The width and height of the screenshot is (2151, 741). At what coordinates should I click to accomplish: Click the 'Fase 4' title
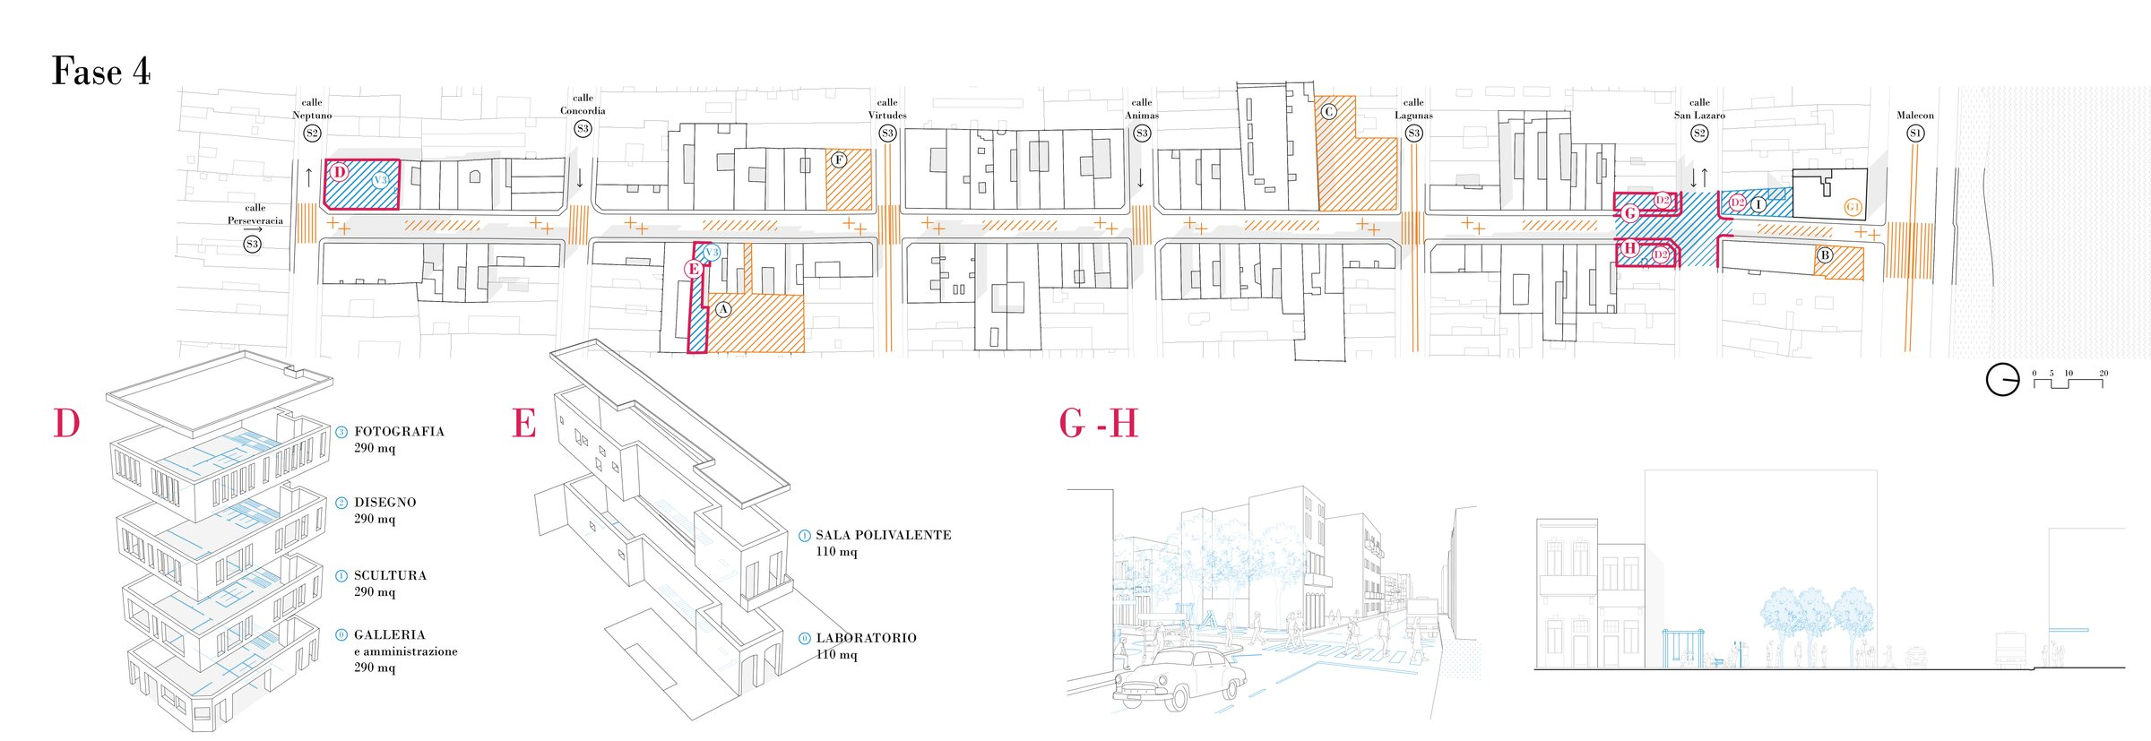click(101, 72)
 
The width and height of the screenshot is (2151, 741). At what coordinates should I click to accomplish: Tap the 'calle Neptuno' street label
click(312, 109)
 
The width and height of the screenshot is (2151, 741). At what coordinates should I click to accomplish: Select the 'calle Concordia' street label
click(583, 105)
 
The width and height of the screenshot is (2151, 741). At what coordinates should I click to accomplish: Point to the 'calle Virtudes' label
click(887, 109)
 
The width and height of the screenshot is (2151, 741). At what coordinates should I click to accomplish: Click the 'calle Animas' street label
click(1142, 109)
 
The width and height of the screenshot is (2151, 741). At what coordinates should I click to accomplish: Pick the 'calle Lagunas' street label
click(1413, 109)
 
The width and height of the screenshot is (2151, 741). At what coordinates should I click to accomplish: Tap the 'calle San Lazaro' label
click(1699, 109)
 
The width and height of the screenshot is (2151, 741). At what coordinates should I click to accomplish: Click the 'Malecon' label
click(1915, 116)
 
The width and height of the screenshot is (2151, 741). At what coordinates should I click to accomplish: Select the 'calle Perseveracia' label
click(255, 214)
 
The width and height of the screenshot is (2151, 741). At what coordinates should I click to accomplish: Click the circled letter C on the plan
click(1328, 112)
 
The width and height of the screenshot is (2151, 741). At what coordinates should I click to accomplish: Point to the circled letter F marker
click(839, 160)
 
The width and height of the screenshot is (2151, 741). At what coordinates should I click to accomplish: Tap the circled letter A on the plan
click(723, 310)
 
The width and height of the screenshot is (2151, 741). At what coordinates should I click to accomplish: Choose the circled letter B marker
click(1825, 255)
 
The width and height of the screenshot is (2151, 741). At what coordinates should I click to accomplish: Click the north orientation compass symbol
click(2002, 380)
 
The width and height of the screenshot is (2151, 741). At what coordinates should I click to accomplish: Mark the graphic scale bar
click(2068, 381)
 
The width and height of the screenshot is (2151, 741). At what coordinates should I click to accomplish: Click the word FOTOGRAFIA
click(399, 432)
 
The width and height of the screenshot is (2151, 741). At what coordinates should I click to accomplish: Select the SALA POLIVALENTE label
click(883, 535)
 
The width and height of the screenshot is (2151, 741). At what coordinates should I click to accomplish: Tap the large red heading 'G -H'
click(1098, 424)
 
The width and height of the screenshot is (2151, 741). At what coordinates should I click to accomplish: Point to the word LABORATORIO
click(866, 638)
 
